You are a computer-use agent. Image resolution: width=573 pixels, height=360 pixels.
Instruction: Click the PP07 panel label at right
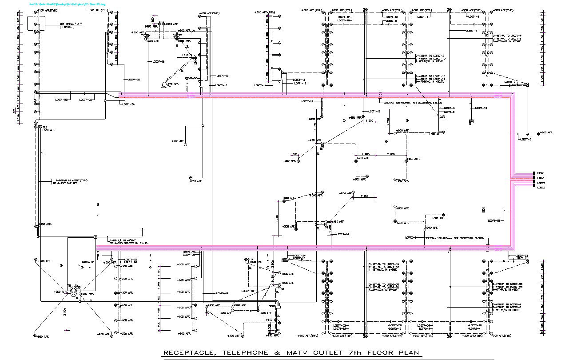click(541, 173)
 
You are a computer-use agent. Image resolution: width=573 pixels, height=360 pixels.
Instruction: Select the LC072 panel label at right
click(541, 188)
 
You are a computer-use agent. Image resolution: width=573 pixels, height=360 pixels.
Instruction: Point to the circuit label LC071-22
click(61, 100)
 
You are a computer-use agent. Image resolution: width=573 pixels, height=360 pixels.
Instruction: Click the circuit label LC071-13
click(481, 108)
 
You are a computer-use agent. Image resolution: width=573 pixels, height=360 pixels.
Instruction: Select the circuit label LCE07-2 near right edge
click(526, 139)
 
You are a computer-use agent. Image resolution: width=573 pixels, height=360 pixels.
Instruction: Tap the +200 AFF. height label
click(177, 141)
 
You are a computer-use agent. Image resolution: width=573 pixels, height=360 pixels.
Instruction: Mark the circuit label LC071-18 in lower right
click(493, 220)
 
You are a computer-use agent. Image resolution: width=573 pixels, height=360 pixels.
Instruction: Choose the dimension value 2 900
click(390, 154)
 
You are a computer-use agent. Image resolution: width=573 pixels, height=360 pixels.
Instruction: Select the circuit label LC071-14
click(300, 80)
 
